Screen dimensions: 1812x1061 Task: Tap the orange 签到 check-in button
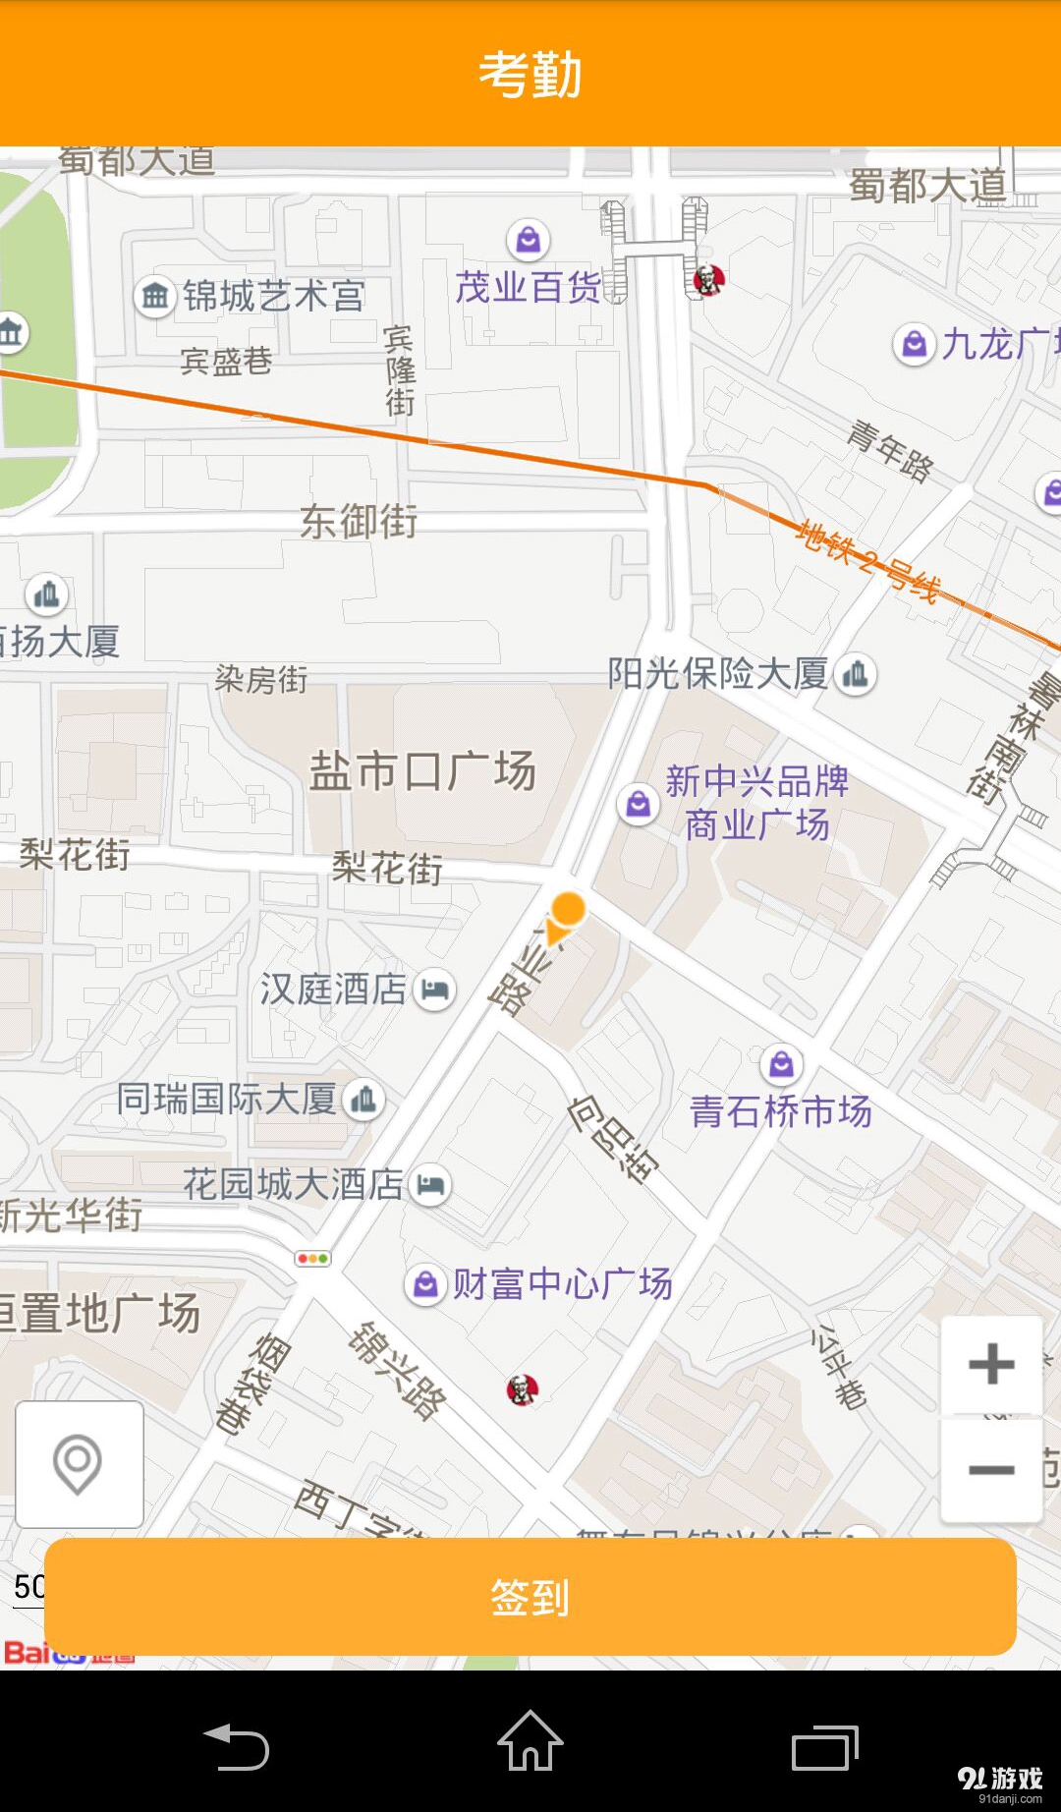pos(530,1597)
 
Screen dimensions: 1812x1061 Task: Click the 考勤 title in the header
pos(530,75)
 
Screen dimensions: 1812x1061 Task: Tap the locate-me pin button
pos(79,1464)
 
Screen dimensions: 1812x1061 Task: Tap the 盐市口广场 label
pos(422,771)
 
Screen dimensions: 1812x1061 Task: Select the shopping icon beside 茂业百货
pos(529,239)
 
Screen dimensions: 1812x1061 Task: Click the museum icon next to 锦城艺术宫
pos(155,295)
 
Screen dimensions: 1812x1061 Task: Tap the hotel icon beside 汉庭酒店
pos(435,989)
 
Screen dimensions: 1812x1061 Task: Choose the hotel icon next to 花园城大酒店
pos(429,1184)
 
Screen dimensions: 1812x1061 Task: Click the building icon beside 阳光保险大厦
pos(856,674)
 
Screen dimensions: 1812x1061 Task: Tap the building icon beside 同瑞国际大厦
pos(363,1099)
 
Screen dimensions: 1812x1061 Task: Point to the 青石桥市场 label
pos(781,1111)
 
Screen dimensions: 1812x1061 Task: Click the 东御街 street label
pos(359,521)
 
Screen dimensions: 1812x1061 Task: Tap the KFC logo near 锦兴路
pos(523,1389)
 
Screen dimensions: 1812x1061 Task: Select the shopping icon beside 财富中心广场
pos(425,1283)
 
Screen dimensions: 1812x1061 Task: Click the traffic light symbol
pos(312,1258)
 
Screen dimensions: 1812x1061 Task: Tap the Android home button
pos(530,1741)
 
